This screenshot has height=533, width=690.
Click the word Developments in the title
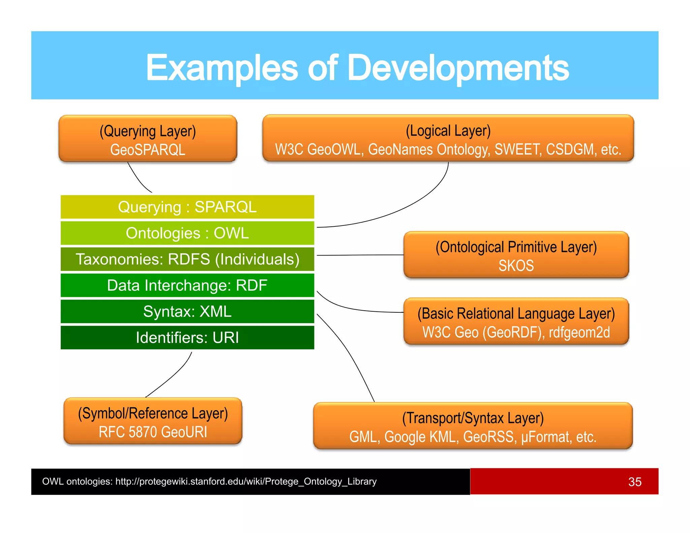458,68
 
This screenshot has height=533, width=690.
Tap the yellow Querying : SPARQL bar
187,207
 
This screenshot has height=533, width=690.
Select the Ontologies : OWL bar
187,233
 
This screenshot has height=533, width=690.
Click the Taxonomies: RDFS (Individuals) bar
187,259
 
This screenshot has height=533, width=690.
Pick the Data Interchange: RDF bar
187,285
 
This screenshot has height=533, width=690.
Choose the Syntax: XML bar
187,311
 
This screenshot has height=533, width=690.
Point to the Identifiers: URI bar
187,338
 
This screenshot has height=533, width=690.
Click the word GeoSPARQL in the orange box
148,150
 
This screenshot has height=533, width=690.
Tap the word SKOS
516,265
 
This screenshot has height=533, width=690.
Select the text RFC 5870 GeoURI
153,432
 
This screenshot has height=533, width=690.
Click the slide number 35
634,482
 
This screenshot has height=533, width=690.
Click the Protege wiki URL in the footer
246,481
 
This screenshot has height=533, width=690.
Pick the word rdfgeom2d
579,333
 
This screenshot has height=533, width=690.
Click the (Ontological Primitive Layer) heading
516,247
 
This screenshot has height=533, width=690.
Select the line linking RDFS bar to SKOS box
360,255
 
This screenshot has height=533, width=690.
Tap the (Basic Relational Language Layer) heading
516,314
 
